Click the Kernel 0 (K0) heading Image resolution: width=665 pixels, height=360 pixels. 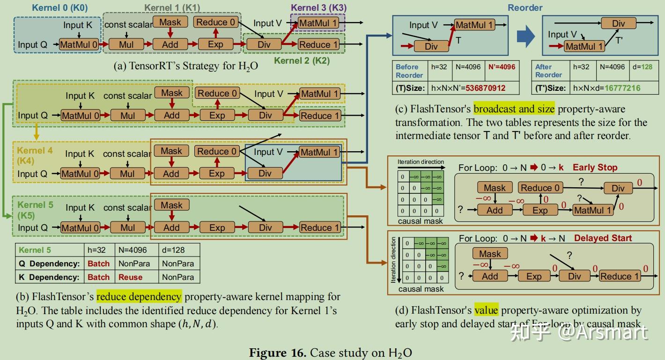point(60,7)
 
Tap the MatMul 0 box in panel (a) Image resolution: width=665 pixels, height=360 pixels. point(80,44)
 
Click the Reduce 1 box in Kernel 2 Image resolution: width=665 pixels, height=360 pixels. point(318,44)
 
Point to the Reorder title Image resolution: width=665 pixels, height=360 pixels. point(525,7)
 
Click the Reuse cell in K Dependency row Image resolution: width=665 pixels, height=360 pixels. point(130,277)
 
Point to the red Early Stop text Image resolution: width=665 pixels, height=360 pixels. point(595,168)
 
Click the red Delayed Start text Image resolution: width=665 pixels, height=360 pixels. point(603,238)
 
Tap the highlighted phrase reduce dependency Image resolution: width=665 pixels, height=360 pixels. point(139,297)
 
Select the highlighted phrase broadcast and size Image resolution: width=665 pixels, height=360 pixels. point(514,110)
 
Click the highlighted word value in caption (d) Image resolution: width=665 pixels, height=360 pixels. point(486,310)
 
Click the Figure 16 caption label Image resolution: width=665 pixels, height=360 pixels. point(277,353)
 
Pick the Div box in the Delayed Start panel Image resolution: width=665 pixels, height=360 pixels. point(574,276)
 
